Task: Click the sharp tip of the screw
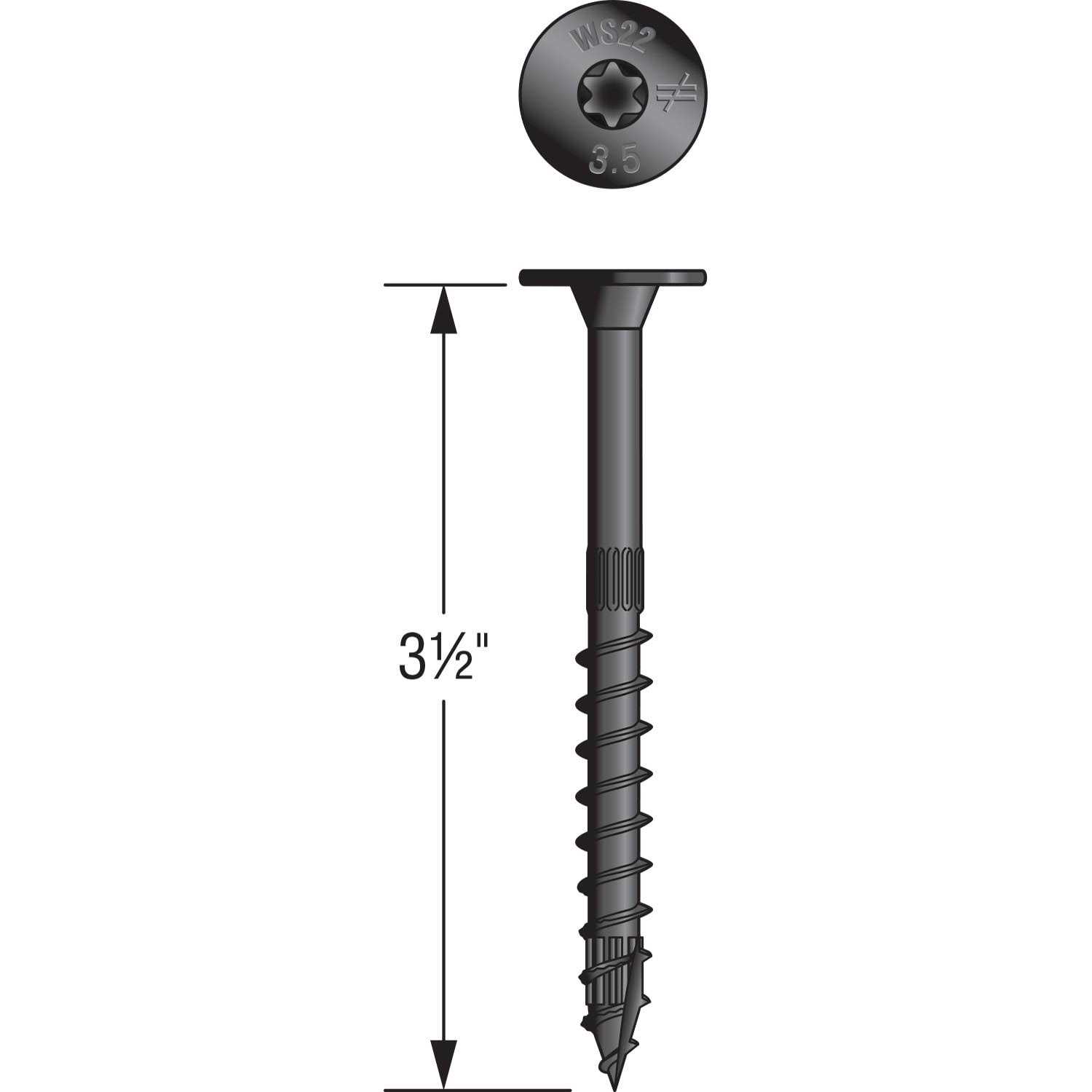tap(609, 1081)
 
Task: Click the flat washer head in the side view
tap(613, 277)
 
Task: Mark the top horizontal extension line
tap(443, 285)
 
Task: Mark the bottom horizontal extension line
tap(443, 1090)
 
